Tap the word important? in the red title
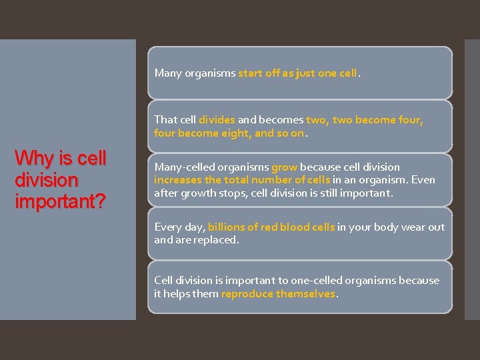click(x=60, y=202)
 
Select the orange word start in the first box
click(x=249, y=73)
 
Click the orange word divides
click(x=217, y=120)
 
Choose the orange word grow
click(x=284, y=167)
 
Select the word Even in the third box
click(x=423, y=180)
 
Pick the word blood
click(x=295, y=227)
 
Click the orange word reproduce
click(x=247, y=293)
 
